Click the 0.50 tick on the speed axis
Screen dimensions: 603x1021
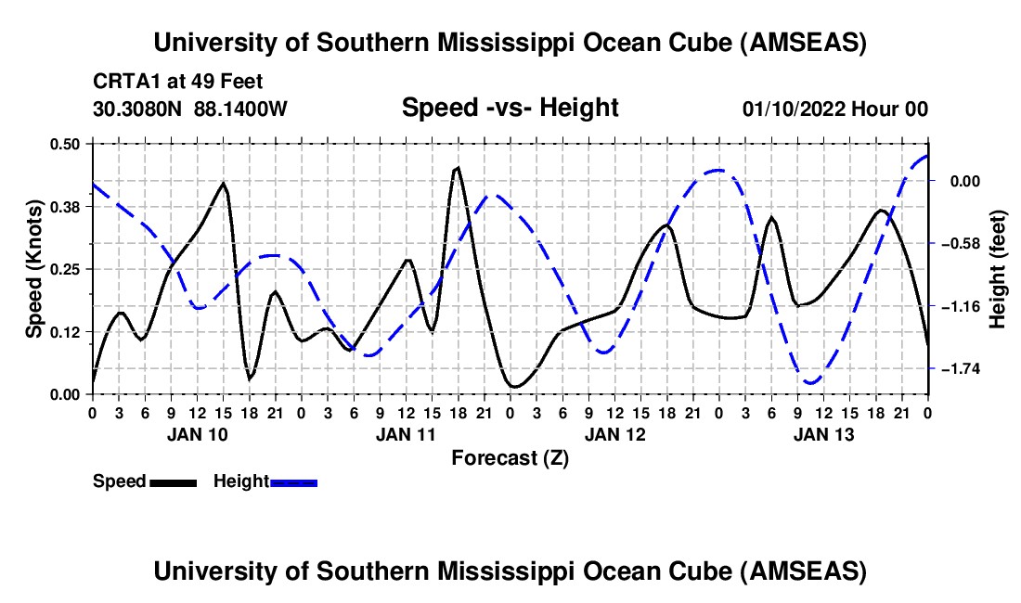pos(68,144)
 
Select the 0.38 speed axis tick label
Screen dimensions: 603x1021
pos(68,207)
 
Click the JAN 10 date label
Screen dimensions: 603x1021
pos(196,434)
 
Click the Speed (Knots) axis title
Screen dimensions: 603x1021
pos(33,268)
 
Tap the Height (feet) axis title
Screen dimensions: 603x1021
pos(998,268)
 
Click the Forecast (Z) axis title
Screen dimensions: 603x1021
pos(510,458)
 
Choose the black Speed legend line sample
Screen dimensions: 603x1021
pos(173,481)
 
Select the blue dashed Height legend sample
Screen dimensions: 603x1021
pos(294,481)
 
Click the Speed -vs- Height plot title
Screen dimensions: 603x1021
pos(510,108)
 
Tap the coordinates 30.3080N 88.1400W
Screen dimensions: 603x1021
pos(190,109)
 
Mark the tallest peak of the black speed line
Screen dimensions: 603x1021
pos(457,168)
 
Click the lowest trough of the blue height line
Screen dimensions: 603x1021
pos(810,382)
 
